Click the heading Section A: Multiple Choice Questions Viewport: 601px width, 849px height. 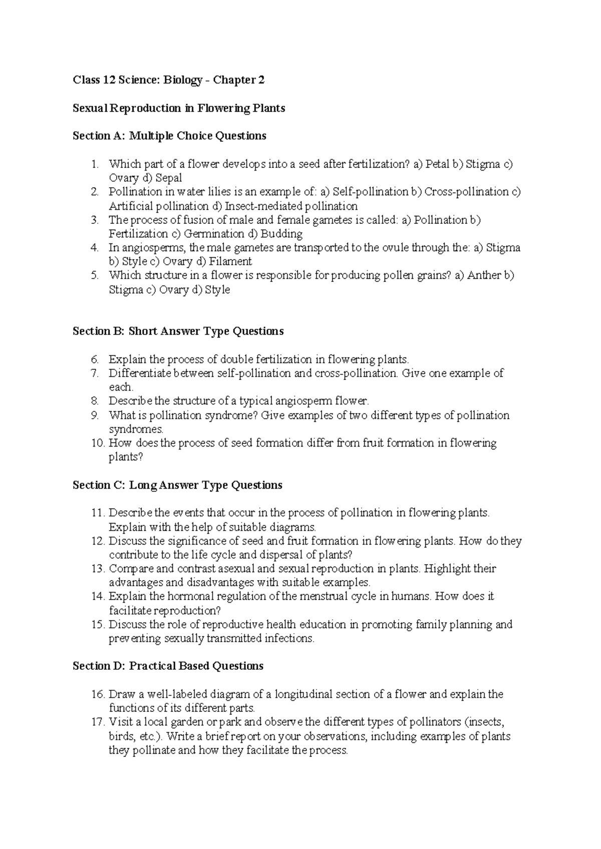pos(169,136)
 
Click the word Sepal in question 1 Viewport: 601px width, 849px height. pos(168,178)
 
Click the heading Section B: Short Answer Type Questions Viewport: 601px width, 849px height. pos(178,331)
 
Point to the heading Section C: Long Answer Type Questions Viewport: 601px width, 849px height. pos(177,485)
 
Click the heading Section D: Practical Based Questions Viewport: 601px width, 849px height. pos(168,666)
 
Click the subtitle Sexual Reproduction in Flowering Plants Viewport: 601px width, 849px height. pos(179,108)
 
